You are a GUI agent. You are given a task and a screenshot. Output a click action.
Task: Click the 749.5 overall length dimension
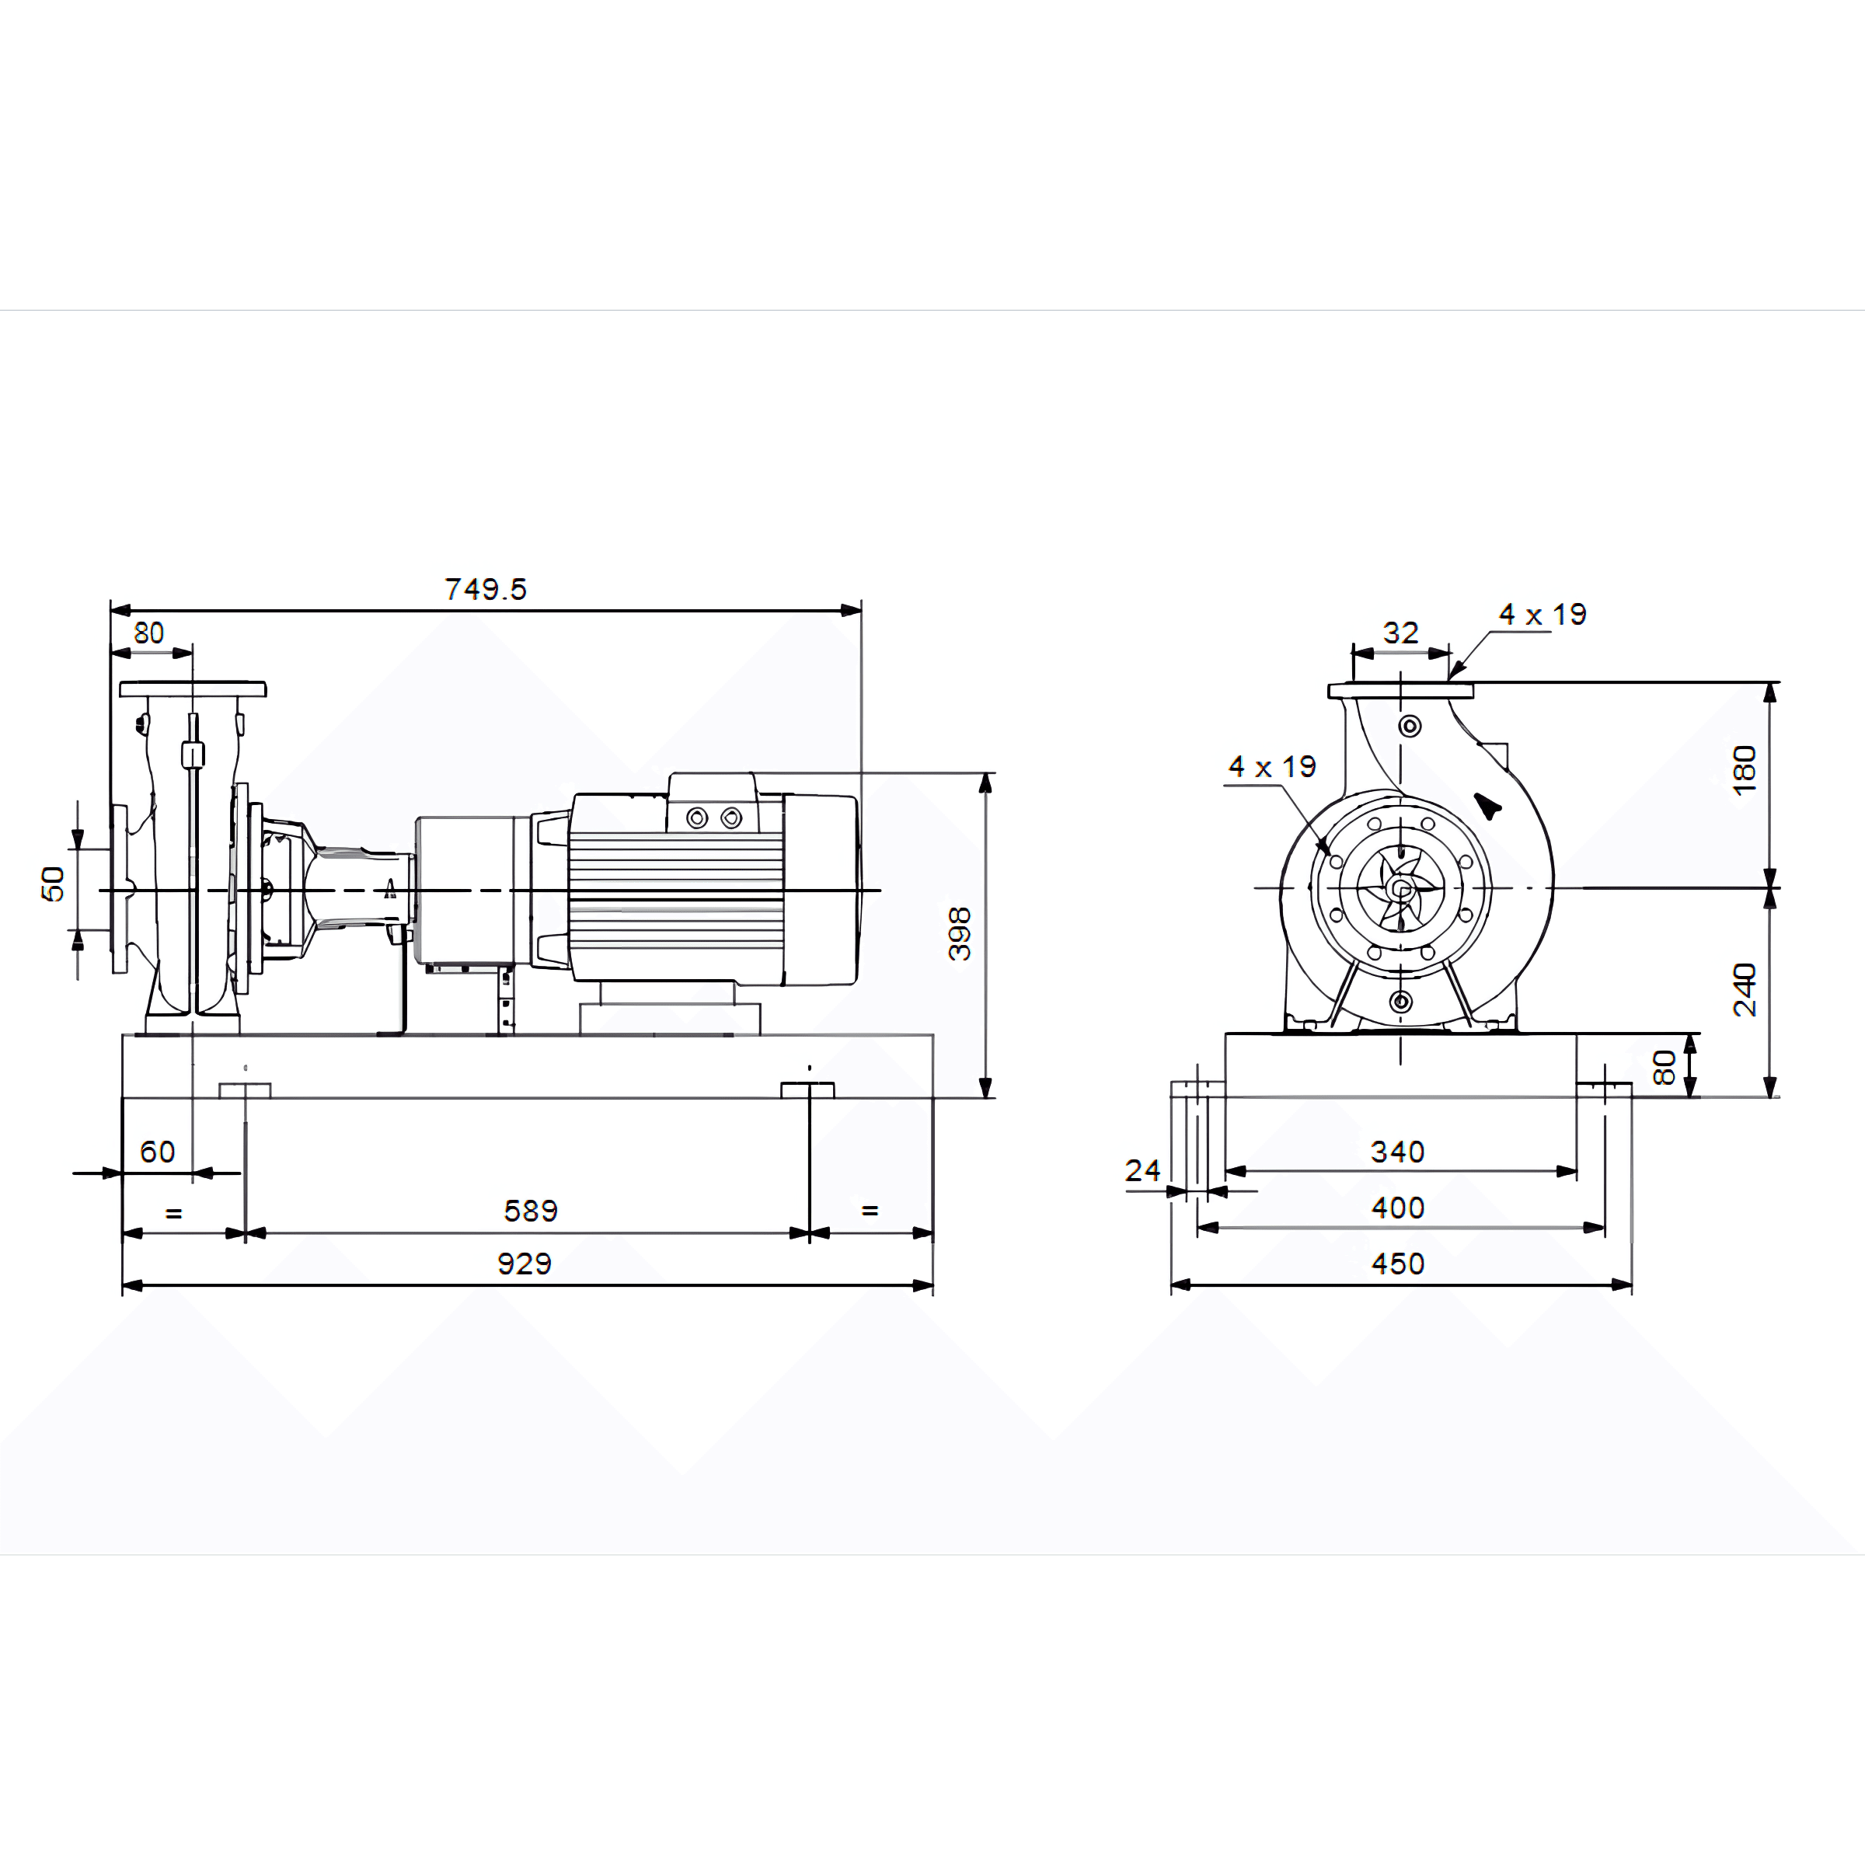(486, 589)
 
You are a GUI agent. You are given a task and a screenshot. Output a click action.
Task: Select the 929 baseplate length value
(525, 1264)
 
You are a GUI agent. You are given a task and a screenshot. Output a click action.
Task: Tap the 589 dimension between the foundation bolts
(531, 1211)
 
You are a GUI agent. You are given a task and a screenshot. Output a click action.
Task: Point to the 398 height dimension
(960, 933)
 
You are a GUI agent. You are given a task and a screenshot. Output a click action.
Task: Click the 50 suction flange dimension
(53, 884)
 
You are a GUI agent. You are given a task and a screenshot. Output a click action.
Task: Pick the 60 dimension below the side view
(157, 1152)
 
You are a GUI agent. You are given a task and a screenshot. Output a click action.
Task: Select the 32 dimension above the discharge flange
(1400, 633)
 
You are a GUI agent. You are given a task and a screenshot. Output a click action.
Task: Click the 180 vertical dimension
(1745, 769)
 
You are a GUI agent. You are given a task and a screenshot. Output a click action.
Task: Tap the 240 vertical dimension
(1745, 989)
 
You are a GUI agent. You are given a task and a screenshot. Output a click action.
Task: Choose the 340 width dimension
(1398, 1152)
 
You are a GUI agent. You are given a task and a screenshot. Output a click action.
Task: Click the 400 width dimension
(1398, 1208)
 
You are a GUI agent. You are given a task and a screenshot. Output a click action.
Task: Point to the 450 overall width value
(1398, 1264)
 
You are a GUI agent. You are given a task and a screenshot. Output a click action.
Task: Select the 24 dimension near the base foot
(1142, 1171)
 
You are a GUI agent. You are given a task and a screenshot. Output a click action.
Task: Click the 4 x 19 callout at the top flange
(1543, 614)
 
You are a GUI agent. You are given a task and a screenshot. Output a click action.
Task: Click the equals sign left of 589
(174, 1213)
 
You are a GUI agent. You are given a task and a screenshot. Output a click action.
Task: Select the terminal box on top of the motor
(713, 801)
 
